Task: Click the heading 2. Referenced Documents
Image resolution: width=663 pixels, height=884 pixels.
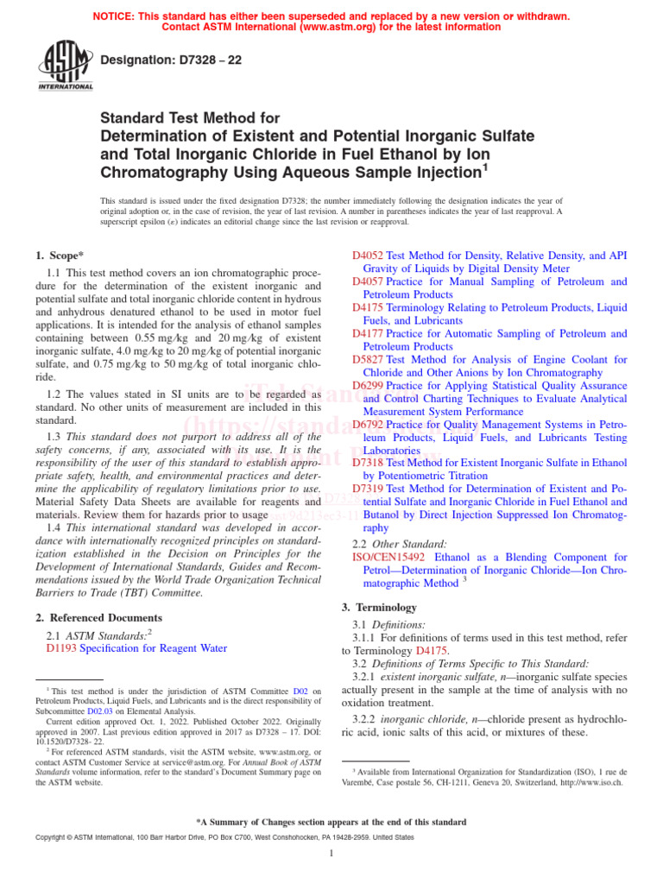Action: [x=98, y=618]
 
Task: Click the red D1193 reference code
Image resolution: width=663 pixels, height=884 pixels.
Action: [x=61, y=648]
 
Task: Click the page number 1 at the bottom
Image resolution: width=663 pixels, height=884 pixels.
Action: [x=331, y=854]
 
